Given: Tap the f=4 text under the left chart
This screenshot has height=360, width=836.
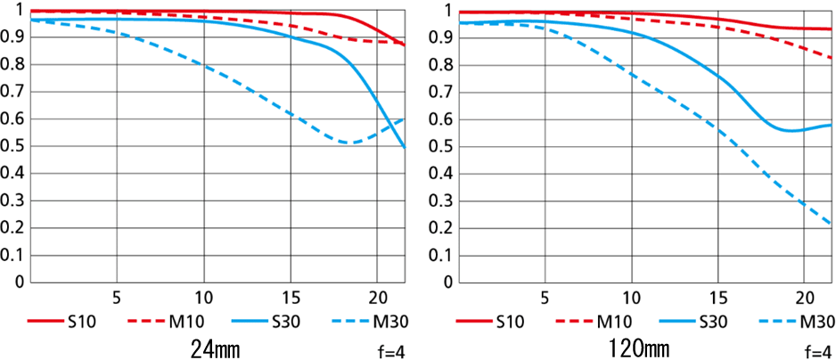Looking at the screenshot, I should click(x=390, y=350).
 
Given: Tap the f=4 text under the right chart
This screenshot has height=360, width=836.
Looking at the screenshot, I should click(x=817, y=350).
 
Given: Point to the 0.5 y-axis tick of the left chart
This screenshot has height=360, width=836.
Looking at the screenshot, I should click(x=13, y=147).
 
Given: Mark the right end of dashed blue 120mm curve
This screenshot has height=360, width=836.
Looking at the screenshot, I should click(x=831, y=223).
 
